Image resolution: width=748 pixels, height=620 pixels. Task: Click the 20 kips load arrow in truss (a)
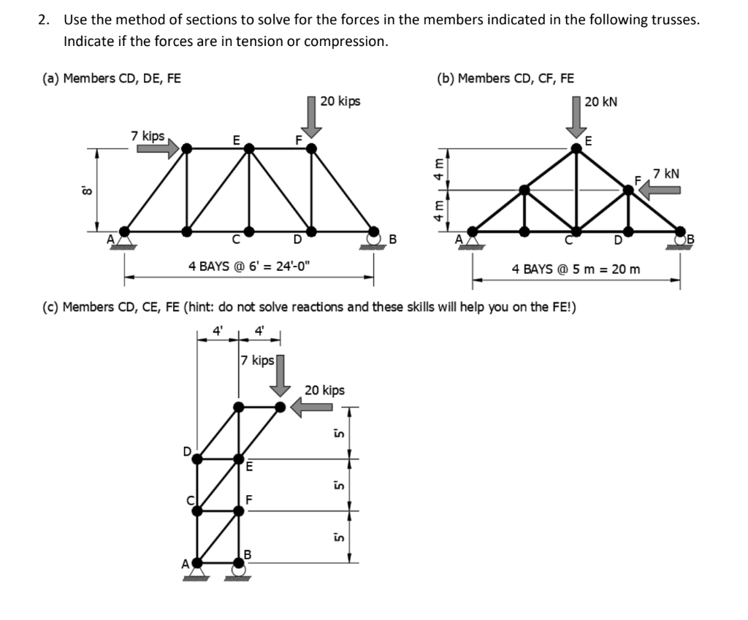(312, 117)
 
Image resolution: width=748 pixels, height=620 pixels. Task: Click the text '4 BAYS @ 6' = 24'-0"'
(248, 266)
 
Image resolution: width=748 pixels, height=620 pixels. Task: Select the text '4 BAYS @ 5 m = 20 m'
(576, 269)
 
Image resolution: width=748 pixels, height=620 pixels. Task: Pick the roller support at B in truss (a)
(375, 240)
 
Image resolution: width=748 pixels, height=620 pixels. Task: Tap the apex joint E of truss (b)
(577, 148)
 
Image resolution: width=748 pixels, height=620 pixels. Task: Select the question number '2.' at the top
(44, 20)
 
